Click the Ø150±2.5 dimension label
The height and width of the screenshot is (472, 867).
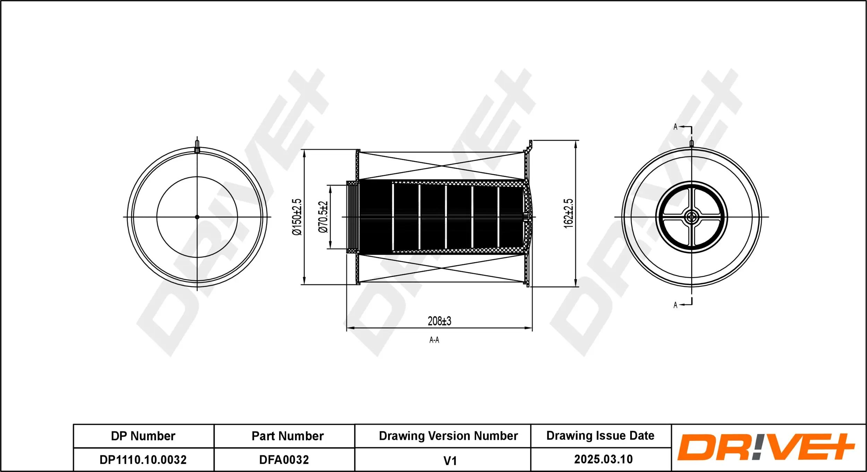tap(297, 217)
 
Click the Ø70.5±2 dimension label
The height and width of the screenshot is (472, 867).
tap(323, 217)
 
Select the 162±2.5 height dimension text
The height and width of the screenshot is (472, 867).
tap(568, 213)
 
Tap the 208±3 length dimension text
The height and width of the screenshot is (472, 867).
tap(439, 321)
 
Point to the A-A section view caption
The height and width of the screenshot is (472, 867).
tap(434, 340)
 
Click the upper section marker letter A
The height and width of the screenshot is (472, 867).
tap(675, 127)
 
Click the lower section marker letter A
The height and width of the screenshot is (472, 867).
tap(675, 305)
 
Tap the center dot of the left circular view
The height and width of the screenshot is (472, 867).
tap(197, 217)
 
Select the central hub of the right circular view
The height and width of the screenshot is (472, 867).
tap(691, 217)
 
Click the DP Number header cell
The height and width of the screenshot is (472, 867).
tap(143, 436)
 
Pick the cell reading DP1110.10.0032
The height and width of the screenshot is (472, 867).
tap(143, 460)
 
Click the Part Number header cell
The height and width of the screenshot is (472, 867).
tap(287, 436)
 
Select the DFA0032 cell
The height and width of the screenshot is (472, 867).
tap(284, 460)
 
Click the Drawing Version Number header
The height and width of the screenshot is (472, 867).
tap(448, 436)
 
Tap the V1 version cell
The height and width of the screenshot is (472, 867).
tap(450, 461)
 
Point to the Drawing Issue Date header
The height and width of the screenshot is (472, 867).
tap(600, 436)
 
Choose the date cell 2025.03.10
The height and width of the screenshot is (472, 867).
tap(603, 460)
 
